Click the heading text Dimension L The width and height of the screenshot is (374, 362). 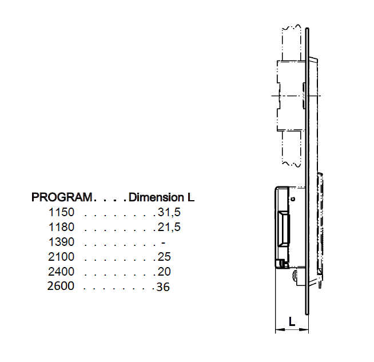pos(162,198)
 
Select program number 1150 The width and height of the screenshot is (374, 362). pos(62,212)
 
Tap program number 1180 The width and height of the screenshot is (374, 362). pos(62,227)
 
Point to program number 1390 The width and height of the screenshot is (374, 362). pos(62,242)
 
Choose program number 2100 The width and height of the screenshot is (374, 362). pos(62,256)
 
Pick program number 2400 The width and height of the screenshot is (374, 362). pos(62,271)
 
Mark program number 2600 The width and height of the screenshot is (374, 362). pos(62,286)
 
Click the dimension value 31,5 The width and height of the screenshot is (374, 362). pos(169,213)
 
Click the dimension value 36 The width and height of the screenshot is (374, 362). pos(163,287)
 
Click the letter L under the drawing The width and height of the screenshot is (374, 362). pos(292,321)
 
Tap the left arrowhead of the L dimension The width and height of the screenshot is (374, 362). pos(278,329)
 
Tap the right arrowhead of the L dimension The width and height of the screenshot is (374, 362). pos(306,329)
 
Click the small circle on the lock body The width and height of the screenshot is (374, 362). pos(293,198)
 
